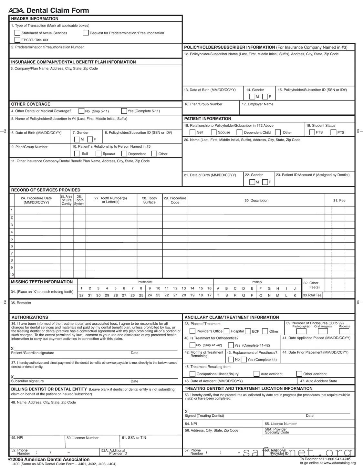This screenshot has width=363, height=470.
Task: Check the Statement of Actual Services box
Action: click(17, 33)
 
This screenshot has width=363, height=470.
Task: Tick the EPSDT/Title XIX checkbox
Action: click(17, 40)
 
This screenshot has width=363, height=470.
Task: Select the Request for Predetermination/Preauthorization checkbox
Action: click(86, 33)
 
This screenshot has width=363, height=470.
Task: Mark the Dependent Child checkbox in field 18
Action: click(239, 132)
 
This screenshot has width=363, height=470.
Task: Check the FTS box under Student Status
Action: click(312, 132)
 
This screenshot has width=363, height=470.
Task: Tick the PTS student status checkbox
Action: click(333, 132)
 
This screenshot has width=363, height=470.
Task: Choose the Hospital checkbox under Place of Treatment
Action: click(227, 331)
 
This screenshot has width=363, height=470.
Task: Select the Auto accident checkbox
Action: click(256, 374)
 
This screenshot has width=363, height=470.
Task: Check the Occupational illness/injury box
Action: click(192, 374)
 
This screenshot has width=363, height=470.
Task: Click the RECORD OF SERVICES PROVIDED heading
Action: click(46, 190)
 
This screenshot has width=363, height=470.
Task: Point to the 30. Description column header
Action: click(256, 201)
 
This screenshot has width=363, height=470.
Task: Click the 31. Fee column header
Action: click(339, 201)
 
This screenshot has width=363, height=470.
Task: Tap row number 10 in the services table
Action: click(12, 275)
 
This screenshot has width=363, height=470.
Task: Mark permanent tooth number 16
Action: click(209, 288)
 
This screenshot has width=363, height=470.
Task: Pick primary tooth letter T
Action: click(218, 295)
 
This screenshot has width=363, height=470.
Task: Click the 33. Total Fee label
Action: click(312, 295)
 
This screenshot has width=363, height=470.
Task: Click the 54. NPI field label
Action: click(191, 424)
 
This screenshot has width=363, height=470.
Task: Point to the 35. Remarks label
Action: click(21, 303)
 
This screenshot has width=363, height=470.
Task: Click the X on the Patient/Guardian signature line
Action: click(12, 349)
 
